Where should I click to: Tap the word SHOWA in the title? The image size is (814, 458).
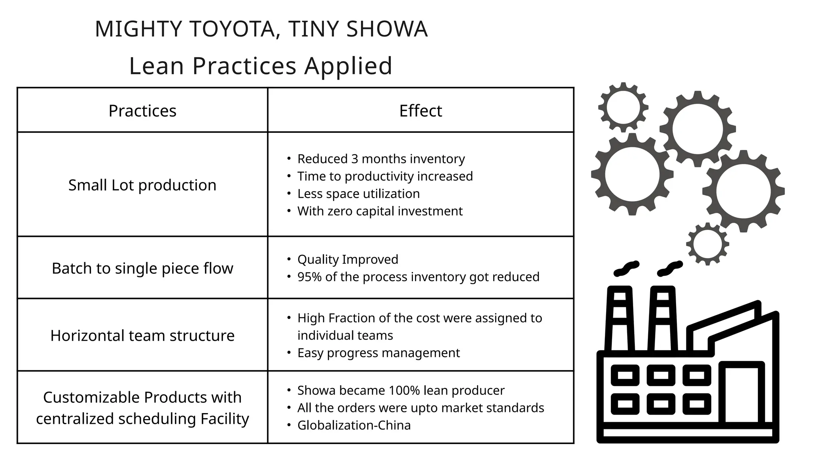pos(387,29)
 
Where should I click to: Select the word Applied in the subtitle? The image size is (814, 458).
pos(348,66)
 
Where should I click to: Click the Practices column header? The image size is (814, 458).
pos(142,111)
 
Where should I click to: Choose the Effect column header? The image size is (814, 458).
pos(421,111)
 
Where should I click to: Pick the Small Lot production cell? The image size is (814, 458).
pos(142,185)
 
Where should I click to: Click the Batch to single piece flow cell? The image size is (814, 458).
pos(142,268)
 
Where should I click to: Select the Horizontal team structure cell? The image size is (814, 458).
pos(142,336)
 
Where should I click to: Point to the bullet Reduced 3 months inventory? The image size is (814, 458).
pos(381,159)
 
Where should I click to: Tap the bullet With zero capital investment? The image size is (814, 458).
pos(380,211)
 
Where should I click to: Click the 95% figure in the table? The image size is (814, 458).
pos(309,277)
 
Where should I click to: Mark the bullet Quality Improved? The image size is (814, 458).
pos(347,259)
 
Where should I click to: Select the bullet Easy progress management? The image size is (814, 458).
pos(378,353)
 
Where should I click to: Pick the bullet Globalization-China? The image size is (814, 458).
pos(354,425)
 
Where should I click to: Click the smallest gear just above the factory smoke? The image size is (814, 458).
pos(707,244)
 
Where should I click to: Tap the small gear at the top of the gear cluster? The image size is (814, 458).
pos(623,107)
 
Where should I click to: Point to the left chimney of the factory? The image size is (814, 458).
pos(620,318)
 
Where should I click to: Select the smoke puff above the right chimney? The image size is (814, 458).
pos(670,268)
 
